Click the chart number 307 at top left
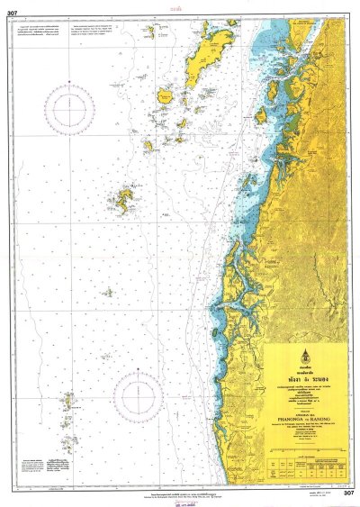pos(12,12)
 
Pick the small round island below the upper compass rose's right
pos(166,94)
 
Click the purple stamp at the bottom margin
pos(180,502)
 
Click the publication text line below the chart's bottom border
pos(180,494)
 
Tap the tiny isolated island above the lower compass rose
pos(108,292)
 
